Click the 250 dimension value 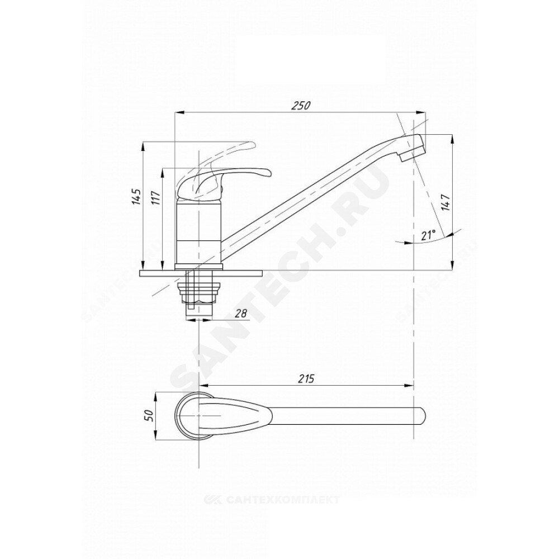[x=301, y=106]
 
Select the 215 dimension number [x=306, y=378]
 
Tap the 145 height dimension [x=136, y=196]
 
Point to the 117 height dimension [x=155, y=197]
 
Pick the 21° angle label [x=429, y=235]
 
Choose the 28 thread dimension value [x=241, y=314]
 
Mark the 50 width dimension [x=149, y=415]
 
